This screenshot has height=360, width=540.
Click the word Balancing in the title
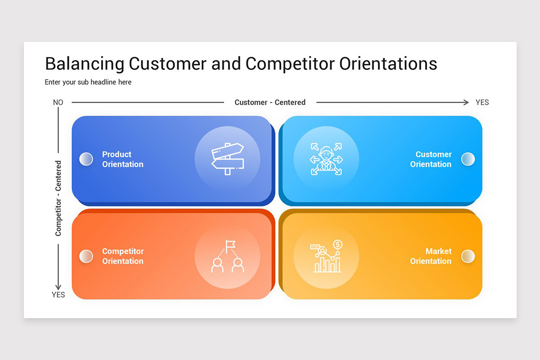tap(84, 64)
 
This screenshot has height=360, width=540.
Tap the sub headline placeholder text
tap(88, 82)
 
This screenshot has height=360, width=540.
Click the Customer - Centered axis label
tap(270, 103)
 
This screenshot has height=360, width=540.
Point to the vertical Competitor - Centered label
tap(58, 198)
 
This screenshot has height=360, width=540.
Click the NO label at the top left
tap(58, 103)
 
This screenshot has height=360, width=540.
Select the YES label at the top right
tap(482, 103)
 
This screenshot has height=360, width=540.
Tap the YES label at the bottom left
tap(58, 295)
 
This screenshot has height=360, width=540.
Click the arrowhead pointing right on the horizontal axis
tap(466, 103)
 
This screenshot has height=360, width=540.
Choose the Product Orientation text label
tap(122, 159)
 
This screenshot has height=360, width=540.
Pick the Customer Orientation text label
tap(431, 159)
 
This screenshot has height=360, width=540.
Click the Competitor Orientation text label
tap(122, 256)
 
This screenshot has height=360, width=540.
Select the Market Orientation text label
tap(431, 256)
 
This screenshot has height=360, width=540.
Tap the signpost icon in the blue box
tap(227, 158)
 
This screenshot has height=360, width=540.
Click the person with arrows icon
tap(326, 159)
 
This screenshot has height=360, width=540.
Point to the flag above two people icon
tap(227, 256)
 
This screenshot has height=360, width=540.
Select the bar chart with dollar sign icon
tap(326, 256)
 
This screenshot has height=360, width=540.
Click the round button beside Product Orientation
tap(86, 159)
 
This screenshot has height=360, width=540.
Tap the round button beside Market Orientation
tap(468, 256)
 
